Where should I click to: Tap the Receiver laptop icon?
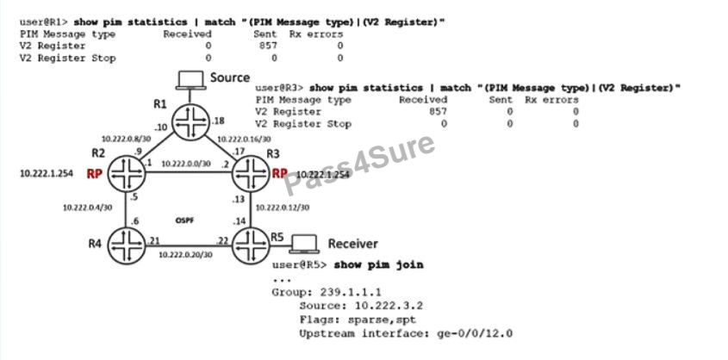pyautogui.click(x=304, y=242)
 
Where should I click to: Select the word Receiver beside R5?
pyautogui.click(x=352, y=244)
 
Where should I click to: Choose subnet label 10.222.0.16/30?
pyautogui.click(x=244, y=138)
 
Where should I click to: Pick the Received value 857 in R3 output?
pyautogui.click(x=439, y=112)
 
